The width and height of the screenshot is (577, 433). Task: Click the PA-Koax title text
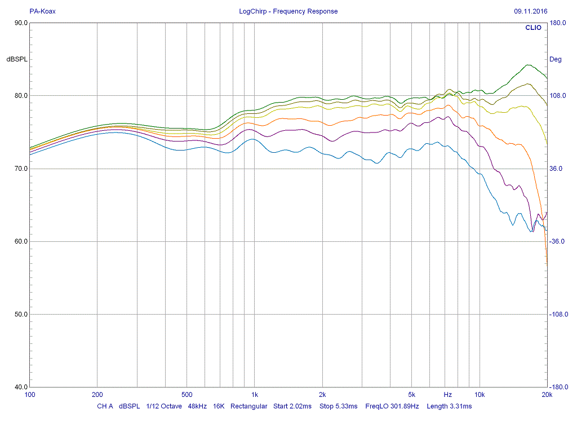(x=42, y=11)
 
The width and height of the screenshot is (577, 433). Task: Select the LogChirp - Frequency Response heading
(x=288, y=11)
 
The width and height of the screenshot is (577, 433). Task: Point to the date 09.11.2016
(x=531, y=11)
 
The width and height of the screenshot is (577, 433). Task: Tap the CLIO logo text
(x=533, y=28)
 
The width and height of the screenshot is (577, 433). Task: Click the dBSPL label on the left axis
(x=17, y=59)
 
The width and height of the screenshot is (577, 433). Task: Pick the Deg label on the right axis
(x=556, y=59)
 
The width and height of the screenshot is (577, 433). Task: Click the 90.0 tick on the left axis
(x=21, y=23)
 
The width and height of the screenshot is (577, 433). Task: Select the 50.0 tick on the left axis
(x=21, y=314)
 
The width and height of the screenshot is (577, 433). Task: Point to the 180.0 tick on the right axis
(x=557, y=23)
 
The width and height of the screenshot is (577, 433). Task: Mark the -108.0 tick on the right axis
(x=558, y=314)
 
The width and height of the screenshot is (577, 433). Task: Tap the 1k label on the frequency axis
(x=255, y=395)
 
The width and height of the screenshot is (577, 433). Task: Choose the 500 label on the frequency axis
(x=187, y=395)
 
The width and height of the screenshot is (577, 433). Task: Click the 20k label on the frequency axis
(x=546, y=395)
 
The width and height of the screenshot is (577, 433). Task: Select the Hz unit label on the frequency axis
(x=448, y=395)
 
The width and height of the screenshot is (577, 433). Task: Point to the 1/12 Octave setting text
(x=164, y=407)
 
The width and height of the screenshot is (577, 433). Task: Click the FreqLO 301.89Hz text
(x=392, y=407)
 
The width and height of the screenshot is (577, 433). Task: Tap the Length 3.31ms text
(x=449, y=407)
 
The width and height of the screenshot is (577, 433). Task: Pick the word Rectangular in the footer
(x=249, y=407)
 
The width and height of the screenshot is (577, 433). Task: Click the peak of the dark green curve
(x=528, y=65)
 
